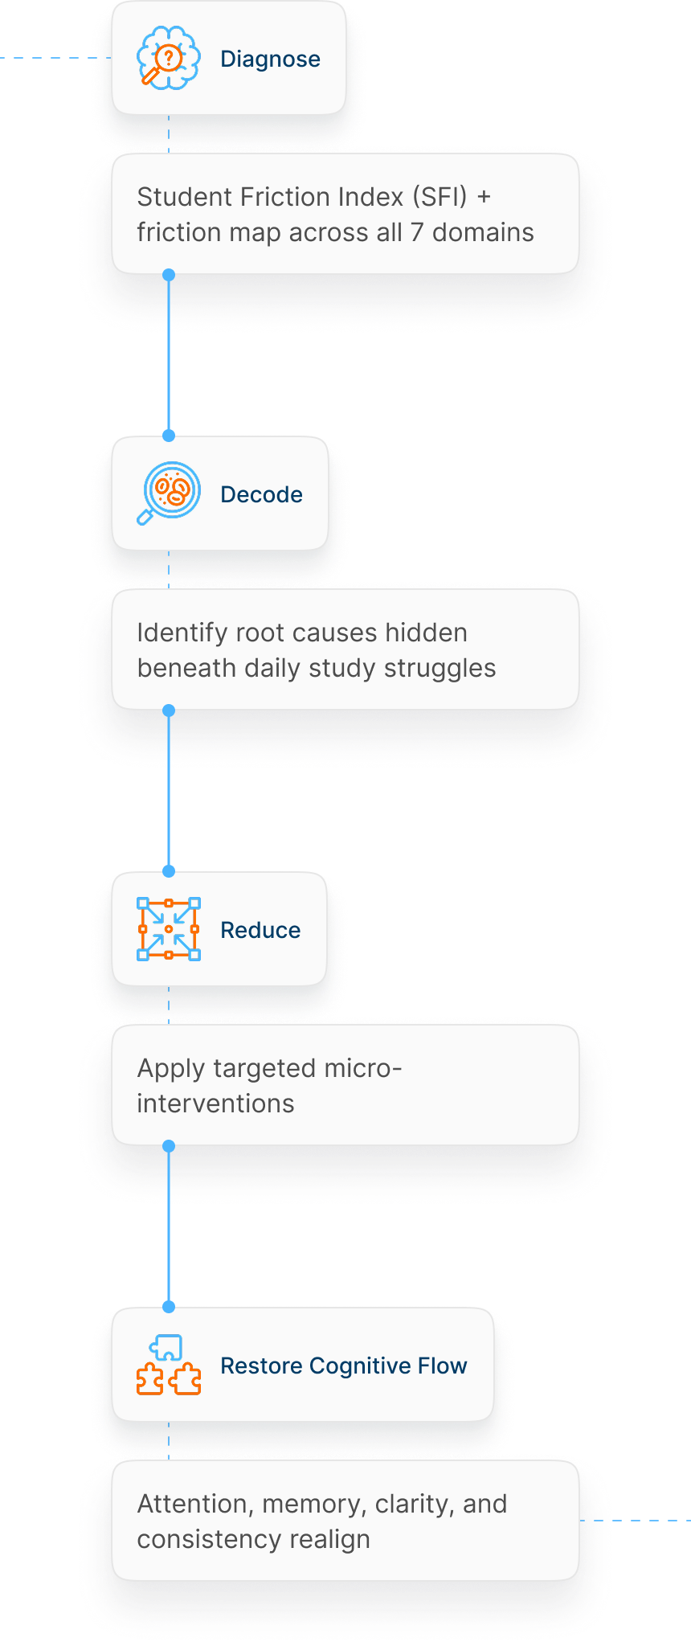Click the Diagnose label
pyautogui.click(x=270, y=59)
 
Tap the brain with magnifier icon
pyautogui.click(x=168, y=59)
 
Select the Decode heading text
pyautogui.click(x=261, y=494)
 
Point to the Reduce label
pyautogui.click(x=260, y=930)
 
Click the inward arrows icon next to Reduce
pyautogui.click(x=168, y=929)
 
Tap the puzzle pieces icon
pyautogui.click(x=168, y=1365)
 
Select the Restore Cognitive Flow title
pyautogui.click(x=343, y=1366)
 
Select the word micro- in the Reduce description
pyautogui.click(x=362, y=1068)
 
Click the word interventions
pyautogui.click(x=215, y=1103)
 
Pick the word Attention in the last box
pyautogui.click(x=192, y=1504)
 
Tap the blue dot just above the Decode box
pyautogui.click(x=169, y=436)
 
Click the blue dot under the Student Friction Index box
pyautogui.click(x=169, y=275)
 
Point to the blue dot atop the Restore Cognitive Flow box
pyautogui.click(x=169, y=1307)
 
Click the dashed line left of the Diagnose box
pyautogui.click(x=56, y=58)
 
